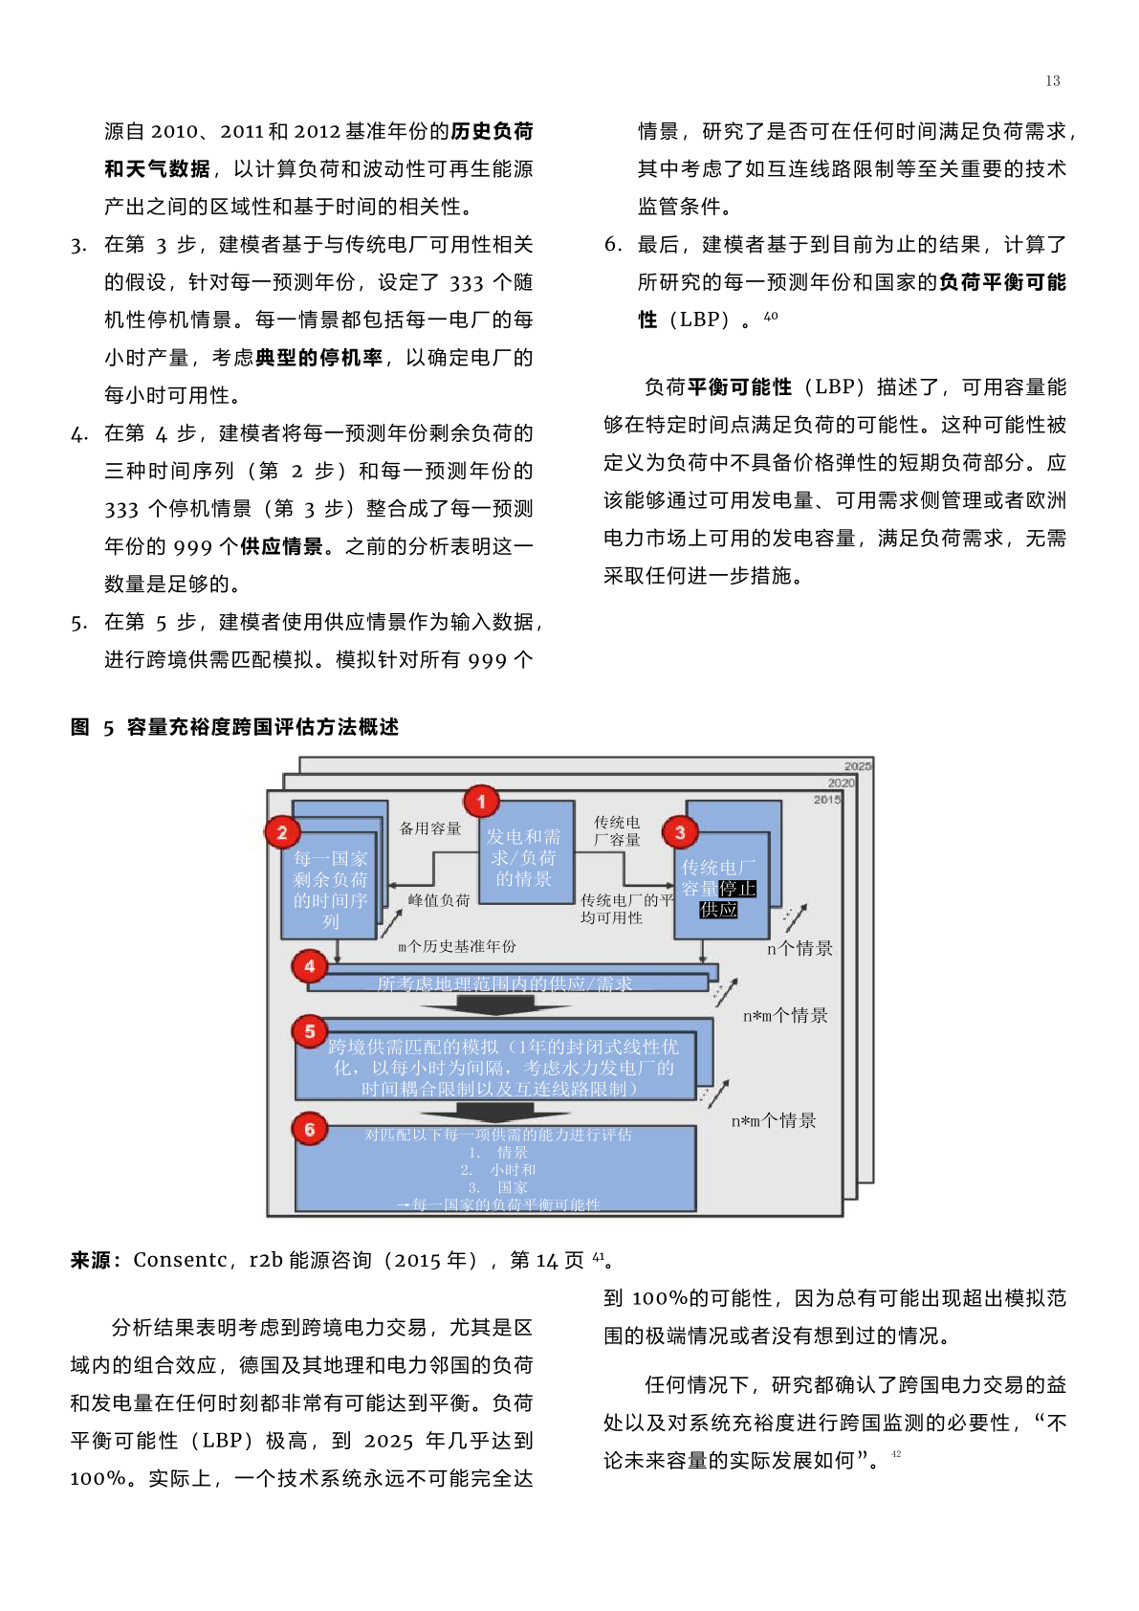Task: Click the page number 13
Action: click(1052, 81)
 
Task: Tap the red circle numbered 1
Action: click(481, 802)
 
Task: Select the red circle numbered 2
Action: click(282, 832)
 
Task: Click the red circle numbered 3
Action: click(680, 832)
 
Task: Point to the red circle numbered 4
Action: click(310, 966)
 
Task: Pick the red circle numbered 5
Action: click(310, 1031)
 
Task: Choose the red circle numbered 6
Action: click(310, 1129)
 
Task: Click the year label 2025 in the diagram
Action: click(857, 766)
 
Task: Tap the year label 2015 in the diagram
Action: click(826, 800)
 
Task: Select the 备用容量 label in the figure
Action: click(430, 828)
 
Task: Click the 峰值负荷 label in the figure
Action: click(439, 900)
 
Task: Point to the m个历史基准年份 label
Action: click(457, 946)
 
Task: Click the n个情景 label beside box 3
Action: click(799, 949)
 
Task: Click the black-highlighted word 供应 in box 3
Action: click(718, 910)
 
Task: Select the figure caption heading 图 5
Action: click(92, 727)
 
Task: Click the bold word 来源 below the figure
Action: click(91, 1260)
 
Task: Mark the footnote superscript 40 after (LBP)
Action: click(771, 316)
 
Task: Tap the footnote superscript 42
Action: click(896, 1453)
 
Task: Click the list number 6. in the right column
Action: click(613, 245)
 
